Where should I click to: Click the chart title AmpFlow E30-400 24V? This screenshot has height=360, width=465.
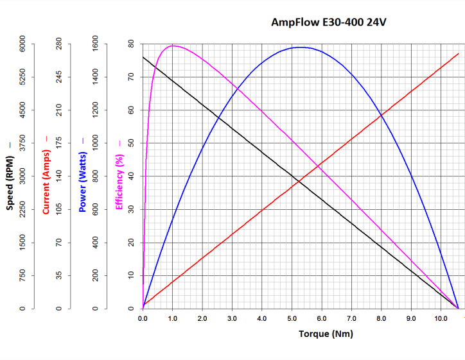click(329, 23)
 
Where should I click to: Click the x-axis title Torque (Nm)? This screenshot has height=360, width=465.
click(326, 334)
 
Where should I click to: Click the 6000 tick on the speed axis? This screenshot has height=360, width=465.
click(22, 44)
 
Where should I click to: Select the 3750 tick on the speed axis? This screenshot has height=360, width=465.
click(22, 143)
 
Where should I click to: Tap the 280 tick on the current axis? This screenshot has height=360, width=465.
click(59, 44)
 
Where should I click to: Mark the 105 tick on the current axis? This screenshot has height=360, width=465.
click(59, 209)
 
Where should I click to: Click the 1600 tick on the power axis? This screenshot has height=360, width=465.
click(96, 44)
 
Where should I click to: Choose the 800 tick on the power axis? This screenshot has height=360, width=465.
click(96, 176)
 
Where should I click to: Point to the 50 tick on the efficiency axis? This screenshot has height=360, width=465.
click(131, 143)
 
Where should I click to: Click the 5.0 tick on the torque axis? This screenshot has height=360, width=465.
click(292, 318)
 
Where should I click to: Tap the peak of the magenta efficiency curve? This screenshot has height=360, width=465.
click(172, 46)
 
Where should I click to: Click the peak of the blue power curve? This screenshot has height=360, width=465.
click(300, 47)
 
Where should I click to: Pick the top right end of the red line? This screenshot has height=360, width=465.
click(459, 53)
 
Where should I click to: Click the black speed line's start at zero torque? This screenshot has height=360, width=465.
click(143, 57)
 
